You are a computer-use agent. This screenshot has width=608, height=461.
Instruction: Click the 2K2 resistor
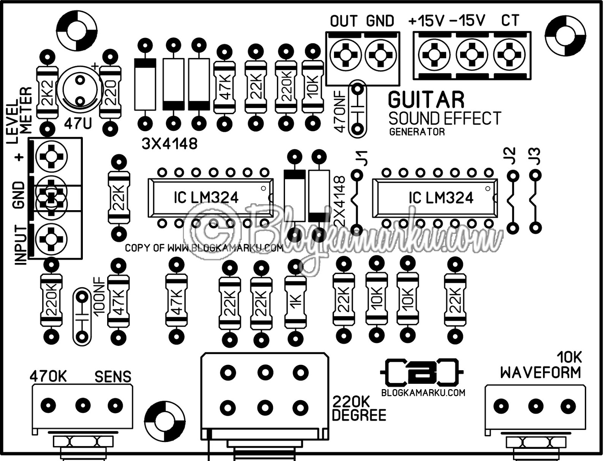47,92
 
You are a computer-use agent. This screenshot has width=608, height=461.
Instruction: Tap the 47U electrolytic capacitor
80,90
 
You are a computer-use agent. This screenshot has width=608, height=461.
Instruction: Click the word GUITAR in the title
426,100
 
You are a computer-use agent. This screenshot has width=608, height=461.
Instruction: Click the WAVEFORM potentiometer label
540,373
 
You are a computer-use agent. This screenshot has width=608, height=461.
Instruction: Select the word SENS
113,377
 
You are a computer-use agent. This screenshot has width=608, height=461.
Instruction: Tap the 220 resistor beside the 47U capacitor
110,92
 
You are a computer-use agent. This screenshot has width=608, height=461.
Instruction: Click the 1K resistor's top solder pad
295,267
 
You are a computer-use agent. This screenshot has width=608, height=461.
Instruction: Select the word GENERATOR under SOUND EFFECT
417,132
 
